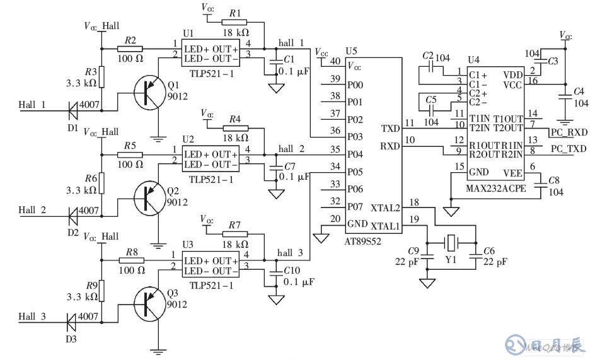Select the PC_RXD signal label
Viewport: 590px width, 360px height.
click(x=569, y=133)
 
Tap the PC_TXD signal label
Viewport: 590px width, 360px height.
click(x=569, y=149)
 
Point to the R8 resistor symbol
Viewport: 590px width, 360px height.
click(x=130, y=260)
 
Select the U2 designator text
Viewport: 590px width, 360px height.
click(x=188, y=139)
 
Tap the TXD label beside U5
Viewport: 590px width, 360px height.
click(x=390, y=129)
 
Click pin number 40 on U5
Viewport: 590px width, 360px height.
click(x=335, y=61)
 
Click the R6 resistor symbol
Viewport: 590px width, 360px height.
click(x=101, y=184)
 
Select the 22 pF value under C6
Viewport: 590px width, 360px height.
click(x=495, y=262)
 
